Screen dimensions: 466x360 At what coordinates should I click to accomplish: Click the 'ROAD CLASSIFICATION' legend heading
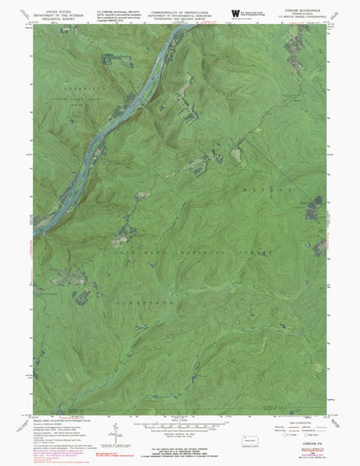click(298, 418)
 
